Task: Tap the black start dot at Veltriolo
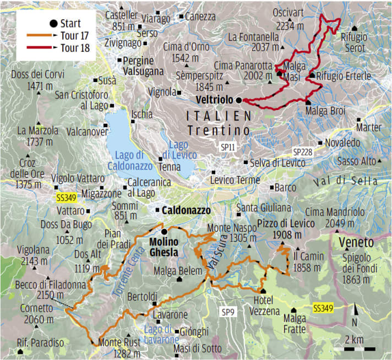coord(238,100)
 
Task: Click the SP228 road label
coord(303,151)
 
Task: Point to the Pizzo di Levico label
coord(286,223)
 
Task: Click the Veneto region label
coord(356,243)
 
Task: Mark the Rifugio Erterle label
coord(344,76)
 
